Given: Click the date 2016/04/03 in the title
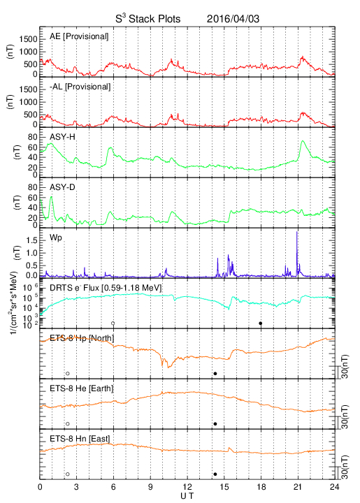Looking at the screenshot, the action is [x=233, y=19].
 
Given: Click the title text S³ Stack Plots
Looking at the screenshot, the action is [x=148, y=19].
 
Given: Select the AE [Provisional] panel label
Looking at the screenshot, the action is [x=79, y=36].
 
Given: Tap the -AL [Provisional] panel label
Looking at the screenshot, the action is [x=80, y=87].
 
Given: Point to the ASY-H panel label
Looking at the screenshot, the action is [x=62, y=137].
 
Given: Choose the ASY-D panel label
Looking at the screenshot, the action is [x=62, y=187].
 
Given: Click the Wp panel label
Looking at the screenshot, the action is [x=56, y=238].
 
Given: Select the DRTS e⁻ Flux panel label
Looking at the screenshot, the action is [x=106, y=288].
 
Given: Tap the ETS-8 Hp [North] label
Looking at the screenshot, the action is [x=82, y=338].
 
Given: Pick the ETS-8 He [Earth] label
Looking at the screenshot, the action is [x=82, y=388].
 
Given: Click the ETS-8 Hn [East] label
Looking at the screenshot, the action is [x=80, y=439].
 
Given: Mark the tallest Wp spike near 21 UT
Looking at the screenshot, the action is [x=297, y=232].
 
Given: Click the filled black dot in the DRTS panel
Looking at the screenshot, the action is [x=261, y=323].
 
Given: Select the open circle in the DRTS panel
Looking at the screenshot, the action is [x=113, y=323].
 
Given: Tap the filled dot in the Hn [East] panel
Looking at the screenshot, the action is [x=215, y=474].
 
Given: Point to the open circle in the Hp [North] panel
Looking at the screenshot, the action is [x=68, y=373].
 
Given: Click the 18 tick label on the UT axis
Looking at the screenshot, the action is [x=261, y=487].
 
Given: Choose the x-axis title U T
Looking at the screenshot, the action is [x=187, y=496].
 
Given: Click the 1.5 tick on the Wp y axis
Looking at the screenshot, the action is [x=31, y=240].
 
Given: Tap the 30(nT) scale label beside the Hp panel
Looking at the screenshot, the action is [x=345, y=367].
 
